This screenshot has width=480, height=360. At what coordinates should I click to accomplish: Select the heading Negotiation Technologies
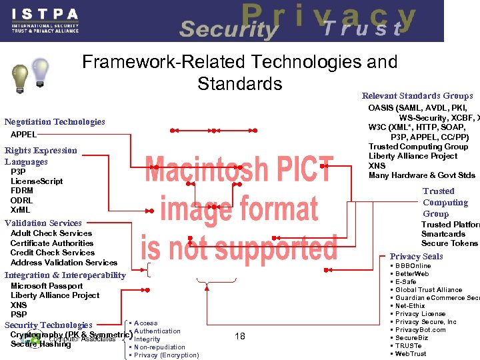click(x=55, y=122)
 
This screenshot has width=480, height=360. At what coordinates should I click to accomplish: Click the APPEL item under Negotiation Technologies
click(x=24, y=135)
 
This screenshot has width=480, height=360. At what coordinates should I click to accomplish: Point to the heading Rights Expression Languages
click(x=40, y=156)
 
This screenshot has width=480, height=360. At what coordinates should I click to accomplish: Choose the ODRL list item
click(x=22, y=201)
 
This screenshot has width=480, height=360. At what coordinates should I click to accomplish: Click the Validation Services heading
click(x=43, y=223)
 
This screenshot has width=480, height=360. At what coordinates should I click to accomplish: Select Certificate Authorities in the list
click(x=52, y=243)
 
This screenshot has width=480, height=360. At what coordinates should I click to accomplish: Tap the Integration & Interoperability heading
click(x=65, y=275)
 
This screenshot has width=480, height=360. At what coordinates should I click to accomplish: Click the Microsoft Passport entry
click(x=47, y=286)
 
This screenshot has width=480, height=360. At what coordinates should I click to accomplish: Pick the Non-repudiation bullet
click(x=160, y=347)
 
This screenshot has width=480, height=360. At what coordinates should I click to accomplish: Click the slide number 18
click(x=240, y=337)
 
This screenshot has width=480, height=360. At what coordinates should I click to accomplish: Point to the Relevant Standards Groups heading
click(x=417, y=96)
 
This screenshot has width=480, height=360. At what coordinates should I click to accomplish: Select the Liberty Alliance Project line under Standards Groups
click(x=413, y=156)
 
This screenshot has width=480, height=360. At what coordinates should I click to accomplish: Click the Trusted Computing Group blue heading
click(x=445, y=203)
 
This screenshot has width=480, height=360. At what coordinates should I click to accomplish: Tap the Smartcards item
click(x=443, y=234)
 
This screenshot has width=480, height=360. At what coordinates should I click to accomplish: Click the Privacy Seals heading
click(x=416, y=257)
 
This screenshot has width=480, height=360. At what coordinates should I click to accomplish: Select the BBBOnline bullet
click(x=413, y=266)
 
